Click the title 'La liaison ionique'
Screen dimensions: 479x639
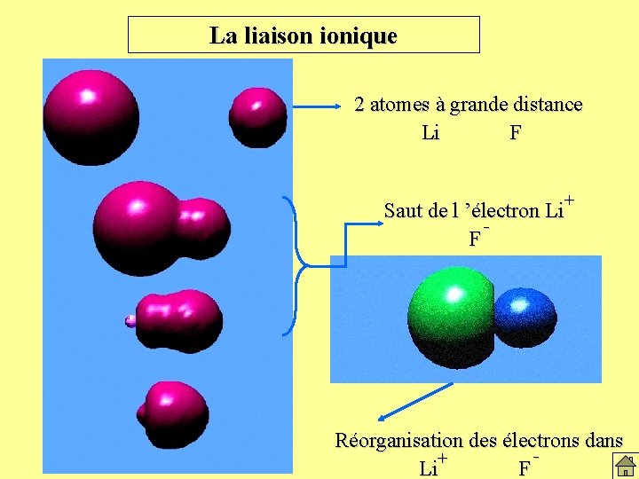[x=304, y=36]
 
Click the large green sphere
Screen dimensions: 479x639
[x=451, y=318]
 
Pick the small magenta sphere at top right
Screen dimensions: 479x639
[x=257, y=112]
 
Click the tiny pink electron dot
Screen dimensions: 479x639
[x=130, y=321]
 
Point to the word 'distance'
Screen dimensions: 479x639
[x=543, y=105]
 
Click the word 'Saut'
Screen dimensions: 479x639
[x=403, y=211]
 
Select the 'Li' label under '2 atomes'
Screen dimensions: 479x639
[x=431, y=134]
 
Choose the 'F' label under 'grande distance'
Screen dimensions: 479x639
[x=516, y=134]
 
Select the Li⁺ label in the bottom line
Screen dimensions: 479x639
[x=432, y=466]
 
